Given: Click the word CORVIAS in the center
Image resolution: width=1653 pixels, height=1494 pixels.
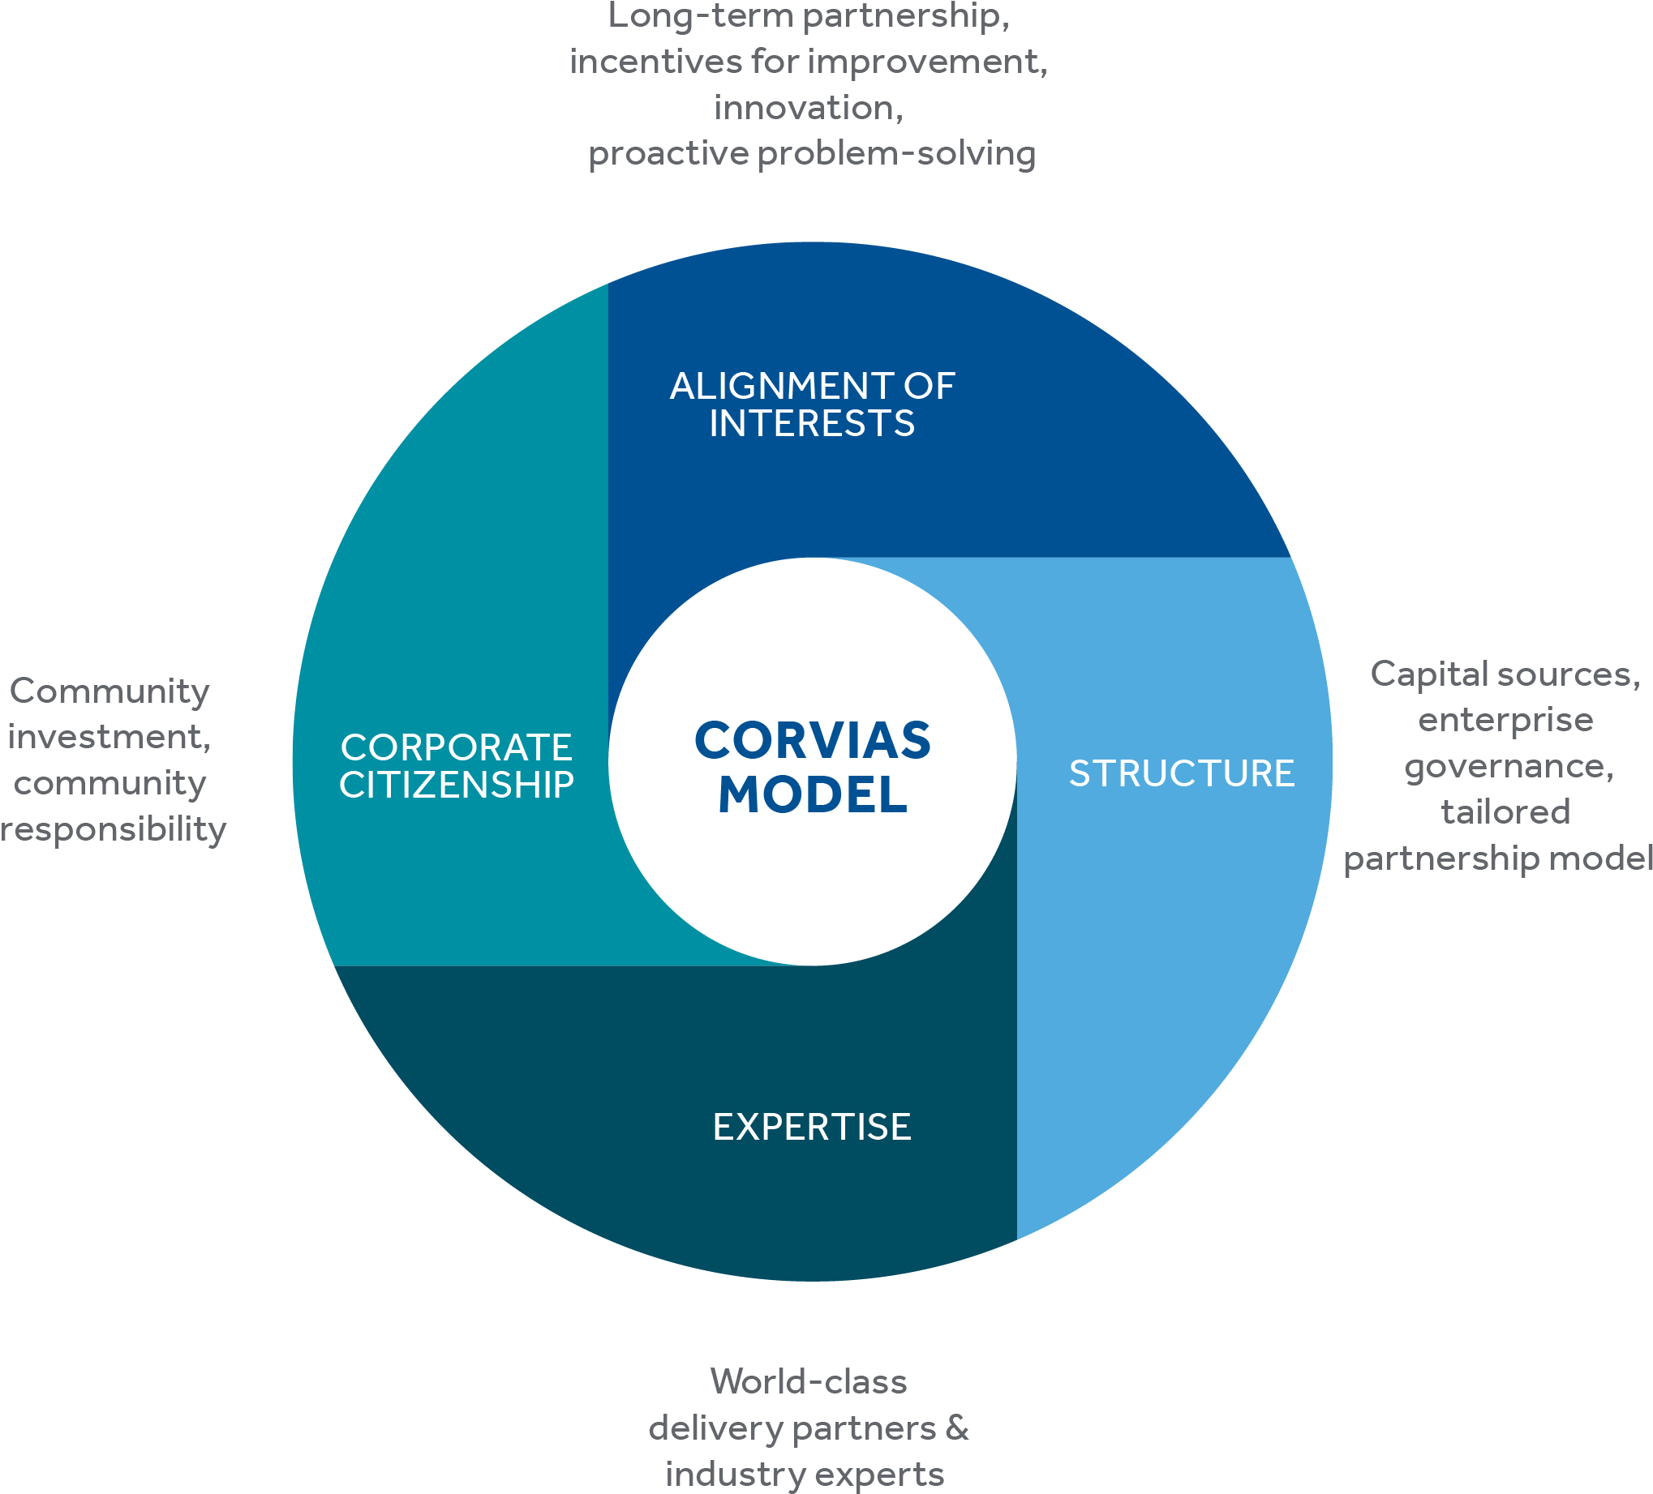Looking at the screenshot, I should tap(813, 740).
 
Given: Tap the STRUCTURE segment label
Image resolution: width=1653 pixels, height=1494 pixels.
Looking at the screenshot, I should tap(1182, 773).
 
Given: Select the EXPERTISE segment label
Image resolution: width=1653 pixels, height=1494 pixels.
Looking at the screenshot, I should tap(812, 1127).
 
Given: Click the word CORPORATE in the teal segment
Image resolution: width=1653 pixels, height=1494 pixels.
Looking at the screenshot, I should tap(457, 747).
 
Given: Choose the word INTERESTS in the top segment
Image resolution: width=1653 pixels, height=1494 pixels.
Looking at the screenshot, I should tap(812, 424).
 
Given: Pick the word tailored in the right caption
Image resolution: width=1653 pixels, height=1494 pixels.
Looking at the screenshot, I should tap(1505, 812).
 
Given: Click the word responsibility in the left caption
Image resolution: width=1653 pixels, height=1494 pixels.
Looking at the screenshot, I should tap(114, 829).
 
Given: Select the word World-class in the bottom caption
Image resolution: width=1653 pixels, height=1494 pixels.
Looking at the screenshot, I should tap(809, 1381).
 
